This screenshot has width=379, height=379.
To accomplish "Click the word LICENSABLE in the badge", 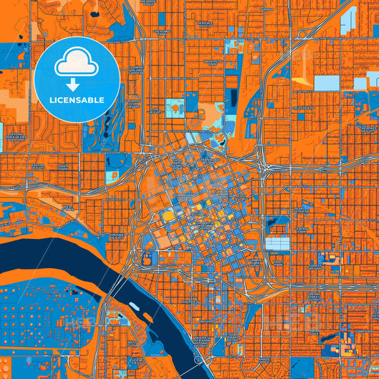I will [76, 100].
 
